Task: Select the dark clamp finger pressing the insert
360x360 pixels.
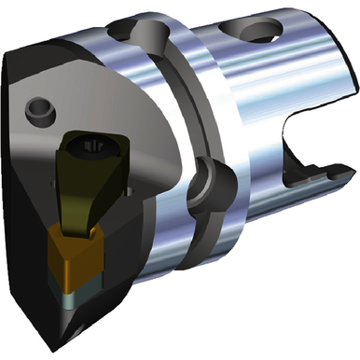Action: (x=82, y=191)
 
